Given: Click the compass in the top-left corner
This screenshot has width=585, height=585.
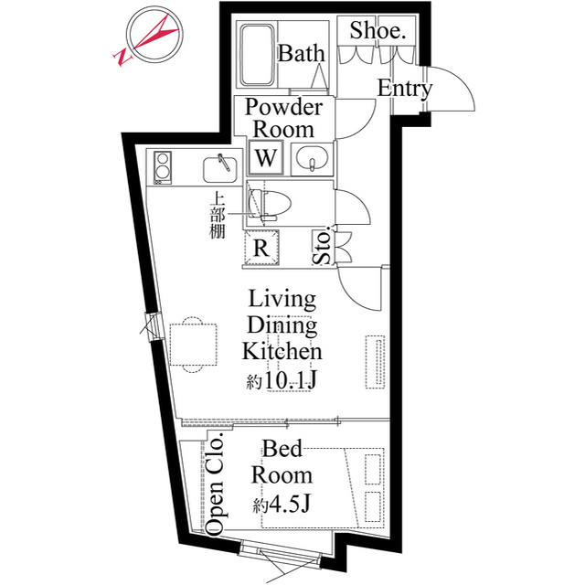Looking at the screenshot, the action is [x=154, y=36].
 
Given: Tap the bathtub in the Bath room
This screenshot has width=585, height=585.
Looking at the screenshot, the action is [x=257, y=55].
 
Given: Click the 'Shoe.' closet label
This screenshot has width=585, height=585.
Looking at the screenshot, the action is [x=378, y=30].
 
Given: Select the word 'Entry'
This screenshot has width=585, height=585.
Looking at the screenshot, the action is [x=404, y=89].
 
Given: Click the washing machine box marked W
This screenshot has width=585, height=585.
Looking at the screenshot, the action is [x=266, y=158].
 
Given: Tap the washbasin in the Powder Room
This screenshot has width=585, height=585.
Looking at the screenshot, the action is [x=312, y=158].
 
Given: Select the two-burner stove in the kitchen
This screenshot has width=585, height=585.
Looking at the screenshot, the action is [x=163, y=167].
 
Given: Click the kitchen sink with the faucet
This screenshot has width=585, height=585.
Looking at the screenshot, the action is [x=219, y=169].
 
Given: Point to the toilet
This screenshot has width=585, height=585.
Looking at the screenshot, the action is [x=270, y=205].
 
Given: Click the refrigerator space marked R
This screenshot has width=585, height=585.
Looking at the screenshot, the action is [x=261, y=248].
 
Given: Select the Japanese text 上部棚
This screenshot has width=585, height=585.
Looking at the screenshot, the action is [x=217, y=215].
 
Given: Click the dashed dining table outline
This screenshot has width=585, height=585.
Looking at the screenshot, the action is [x=193, y=345].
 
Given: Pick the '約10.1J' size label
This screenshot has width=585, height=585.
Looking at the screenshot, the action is [x=282, y=380].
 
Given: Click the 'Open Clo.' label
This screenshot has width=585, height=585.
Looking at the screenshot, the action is [x=216, y=484].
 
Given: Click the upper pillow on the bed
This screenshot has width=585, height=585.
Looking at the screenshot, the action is [x=374, y=469].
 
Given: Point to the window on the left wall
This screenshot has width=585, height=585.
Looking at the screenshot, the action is [x=153, y=326].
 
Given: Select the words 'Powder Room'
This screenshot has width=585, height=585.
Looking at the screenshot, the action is [x=283, y=118].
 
